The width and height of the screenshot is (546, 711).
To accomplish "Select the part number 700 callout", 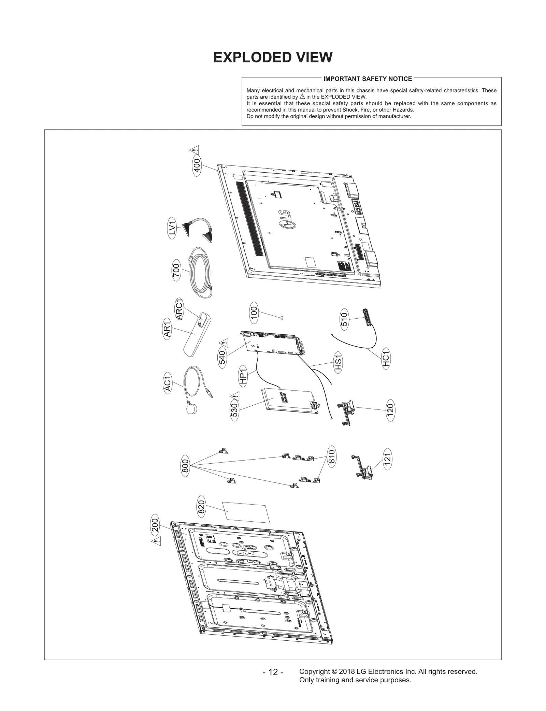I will point(176,270).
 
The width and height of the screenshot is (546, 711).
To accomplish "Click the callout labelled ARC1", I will point(180,309).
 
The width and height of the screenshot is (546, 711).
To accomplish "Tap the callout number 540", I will point(222,357).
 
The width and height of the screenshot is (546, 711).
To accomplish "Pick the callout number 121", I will point(387,459).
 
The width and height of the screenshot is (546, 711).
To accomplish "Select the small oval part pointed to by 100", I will point(282,318).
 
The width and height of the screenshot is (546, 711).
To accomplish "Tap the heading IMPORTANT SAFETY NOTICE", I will point(368,79).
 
